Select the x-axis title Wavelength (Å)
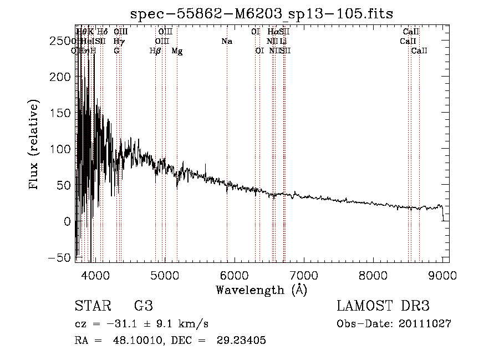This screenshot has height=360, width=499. [x=262, y=290]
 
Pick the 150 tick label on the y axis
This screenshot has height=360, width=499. [x=59, y=113]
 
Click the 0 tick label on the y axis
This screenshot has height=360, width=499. [x=67, y=221]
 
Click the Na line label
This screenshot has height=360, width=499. [x=226, y=42]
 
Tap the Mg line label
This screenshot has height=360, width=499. [x=177, y=51]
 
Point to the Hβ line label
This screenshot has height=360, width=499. [x=155, y=51]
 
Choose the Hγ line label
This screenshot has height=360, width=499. [x=118, y=42]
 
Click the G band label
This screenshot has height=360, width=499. [x=116, y=51]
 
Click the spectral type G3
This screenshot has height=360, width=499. [x=144, y=307]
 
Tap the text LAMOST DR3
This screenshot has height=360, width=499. [x=383, y=307]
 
